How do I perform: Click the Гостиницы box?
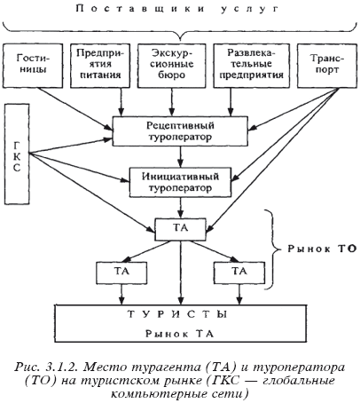point(33,66)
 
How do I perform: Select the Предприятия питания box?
point(100,66)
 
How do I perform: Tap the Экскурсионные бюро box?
point(172,66)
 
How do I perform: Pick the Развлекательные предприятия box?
point(252,66)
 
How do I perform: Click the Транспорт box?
point(327,66)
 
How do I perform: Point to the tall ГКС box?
point(17,154)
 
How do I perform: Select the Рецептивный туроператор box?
point(180,131)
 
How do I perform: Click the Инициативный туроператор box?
point(180,182)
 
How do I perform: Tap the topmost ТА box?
point(180,229)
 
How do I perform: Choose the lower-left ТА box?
point(121,273)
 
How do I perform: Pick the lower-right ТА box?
point(239,273)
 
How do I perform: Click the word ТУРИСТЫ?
point(177,314)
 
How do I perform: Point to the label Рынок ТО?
point(322,249)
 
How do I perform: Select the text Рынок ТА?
point(179,334)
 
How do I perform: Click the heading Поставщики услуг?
point(177,9)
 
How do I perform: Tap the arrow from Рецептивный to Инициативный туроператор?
point(181,157)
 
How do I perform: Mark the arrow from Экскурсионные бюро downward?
point(172,102)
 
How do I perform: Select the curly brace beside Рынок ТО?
point(271,249)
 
